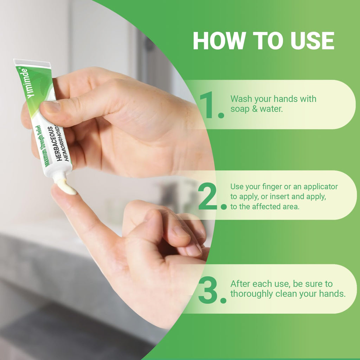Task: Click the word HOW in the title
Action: point(219,41)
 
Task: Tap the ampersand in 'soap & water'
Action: point(255,109)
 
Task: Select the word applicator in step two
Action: point(321,187)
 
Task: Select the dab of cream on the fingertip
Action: point(66,186)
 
